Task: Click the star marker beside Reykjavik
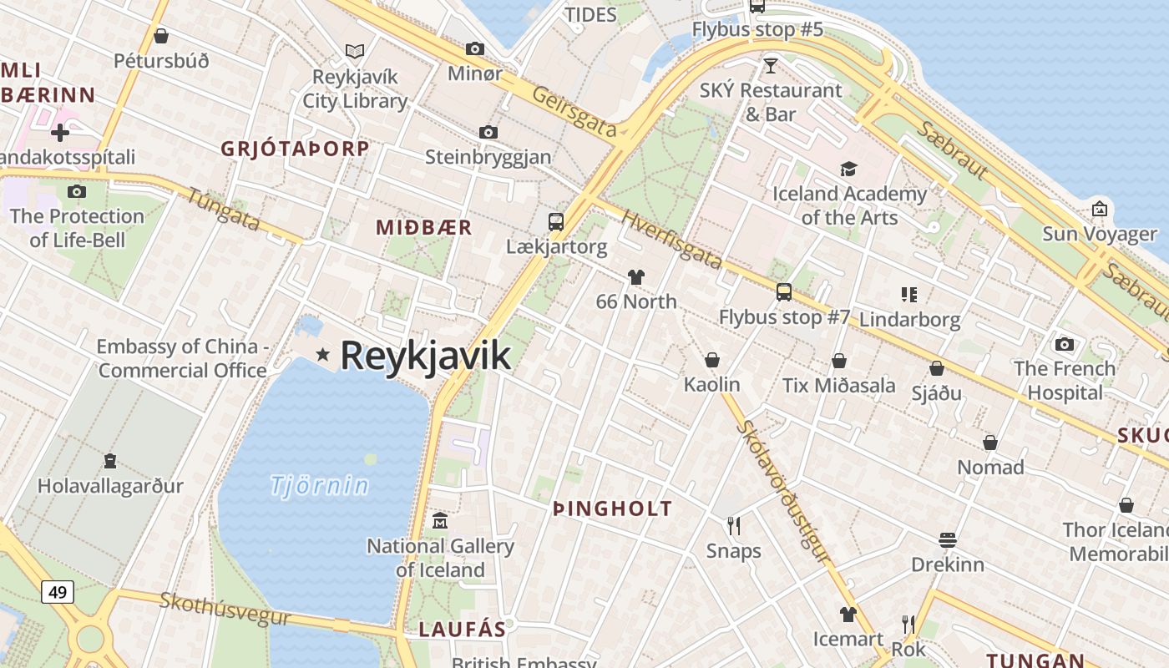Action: coord(323,355)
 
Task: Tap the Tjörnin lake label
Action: coord(320,485)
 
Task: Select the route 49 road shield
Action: coord(58,592)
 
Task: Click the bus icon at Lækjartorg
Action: coord(556,221)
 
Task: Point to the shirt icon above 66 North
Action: coord(636,277)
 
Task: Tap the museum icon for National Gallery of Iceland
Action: coord(440,521)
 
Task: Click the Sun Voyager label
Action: coord(1100,234)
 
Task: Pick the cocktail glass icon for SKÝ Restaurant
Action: coord(770,65)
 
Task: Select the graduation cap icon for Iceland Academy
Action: coord(848,169)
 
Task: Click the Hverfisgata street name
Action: coord(671,239)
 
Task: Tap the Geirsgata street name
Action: coord(574,111)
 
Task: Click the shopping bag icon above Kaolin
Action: coord(712,360)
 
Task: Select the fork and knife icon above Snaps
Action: coord(734,525)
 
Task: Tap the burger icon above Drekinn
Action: coord(948,539)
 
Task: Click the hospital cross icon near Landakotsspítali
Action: coord(60,132)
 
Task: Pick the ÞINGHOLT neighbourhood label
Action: coord(613,509)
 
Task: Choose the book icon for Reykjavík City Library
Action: coord(355,51)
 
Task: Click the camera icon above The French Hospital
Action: coord(1065,344)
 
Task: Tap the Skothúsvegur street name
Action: coord(225,609)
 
